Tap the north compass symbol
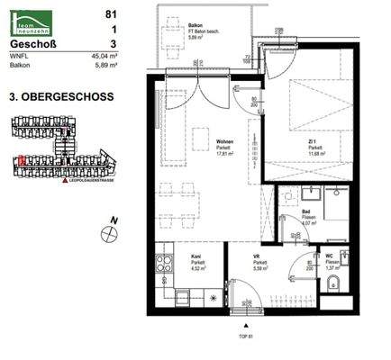(111, 232)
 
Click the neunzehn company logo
(34, 13)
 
